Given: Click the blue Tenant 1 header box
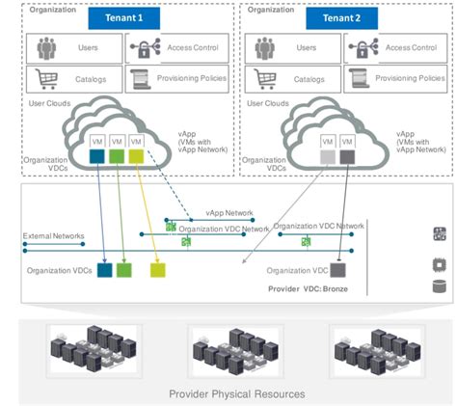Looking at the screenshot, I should (x=124, y=18).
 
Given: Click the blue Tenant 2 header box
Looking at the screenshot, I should (x=342, y=18).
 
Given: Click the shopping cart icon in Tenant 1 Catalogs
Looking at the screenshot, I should (x=43, y=78).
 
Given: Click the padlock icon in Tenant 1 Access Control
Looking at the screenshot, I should (x=143, y=47).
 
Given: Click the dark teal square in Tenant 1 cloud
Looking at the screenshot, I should (x=97, y=156).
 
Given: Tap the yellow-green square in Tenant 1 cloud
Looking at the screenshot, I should (x=137, y=156).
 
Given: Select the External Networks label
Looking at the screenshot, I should (x=54, y=235).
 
